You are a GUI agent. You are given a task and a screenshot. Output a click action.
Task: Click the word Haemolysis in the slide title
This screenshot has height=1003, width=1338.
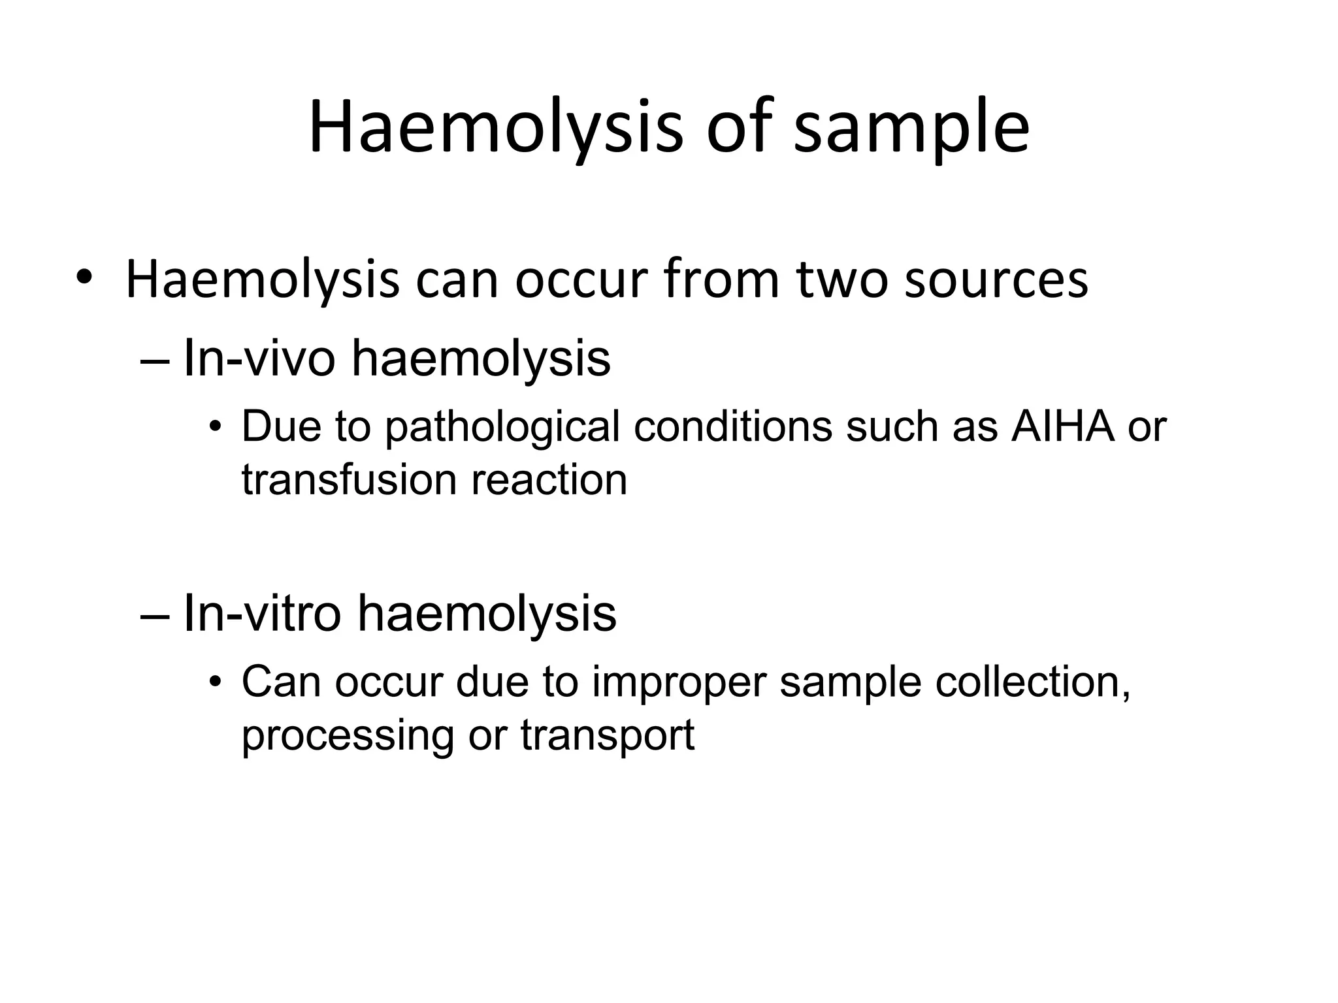tap(495, 127)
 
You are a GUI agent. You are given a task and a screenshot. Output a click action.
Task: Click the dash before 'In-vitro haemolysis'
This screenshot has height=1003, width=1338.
tap(155, 614)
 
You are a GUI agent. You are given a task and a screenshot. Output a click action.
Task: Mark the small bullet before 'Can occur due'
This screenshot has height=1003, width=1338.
tap(216, 684)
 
